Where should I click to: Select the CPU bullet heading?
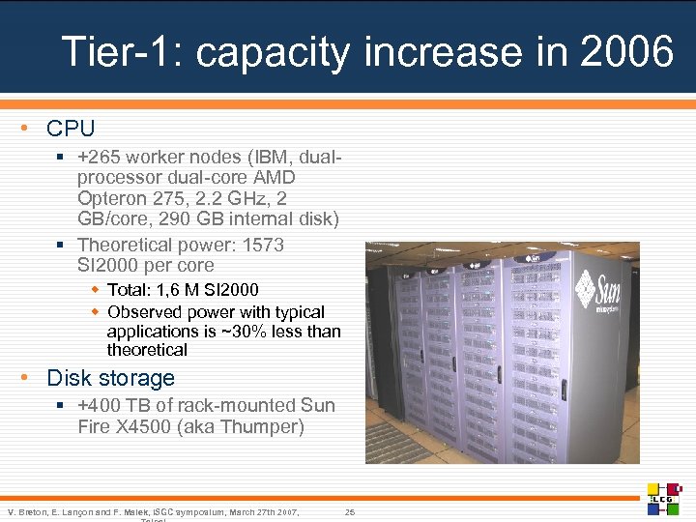click(71, 128)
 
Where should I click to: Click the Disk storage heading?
click(110, 378)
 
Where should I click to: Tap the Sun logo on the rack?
click(598, 287)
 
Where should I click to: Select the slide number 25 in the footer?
click(350, 510)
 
